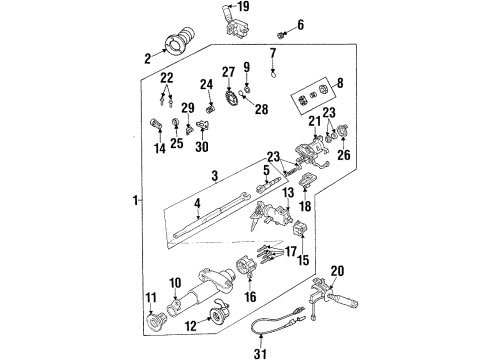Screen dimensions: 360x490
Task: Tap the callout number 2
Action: pyautogui.click(x=149, y=59)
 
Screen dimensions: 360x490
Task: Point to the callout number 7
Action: pyautogui.click(x=273, y=51)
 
